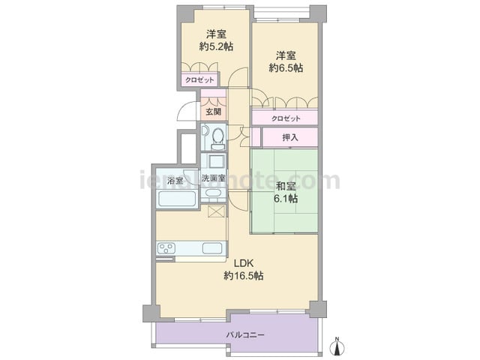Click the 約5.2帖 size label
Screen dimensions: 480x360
pos(216,46)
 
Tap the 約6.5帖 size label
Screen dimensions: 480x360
pos(286,67)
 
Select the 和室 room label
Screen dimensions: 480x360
pos(286,186)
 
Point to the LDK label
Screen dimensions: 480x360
pos(244,263)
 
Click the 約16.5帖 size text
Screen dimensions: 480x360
pos(244,276)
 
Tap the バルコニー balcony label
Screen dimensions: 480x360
pos(245,335)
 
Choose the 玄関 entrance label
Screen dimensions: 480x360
pos(213,112)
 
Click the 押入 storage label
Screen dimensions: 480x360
pos(290,137)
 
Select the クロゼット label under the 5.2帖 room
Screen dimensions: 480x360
pos(199,80)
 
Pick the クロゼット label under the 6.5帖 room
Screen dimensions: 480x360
pos(286,118)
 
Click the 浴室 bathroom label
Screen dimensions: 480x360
pos(175,181)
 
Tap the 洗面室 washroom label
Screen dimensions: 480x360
pos(213,178)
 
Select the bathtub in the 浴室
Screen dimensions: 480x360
pos(177,198)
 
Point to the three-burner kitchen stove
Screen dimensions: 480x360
pos(166,248)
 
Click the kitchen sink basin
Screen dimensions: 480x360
pos(212,248)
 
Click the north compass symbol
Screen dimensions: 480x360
pos(337,346)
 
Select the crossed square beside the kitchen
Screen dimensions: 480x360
pos(216,211)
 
